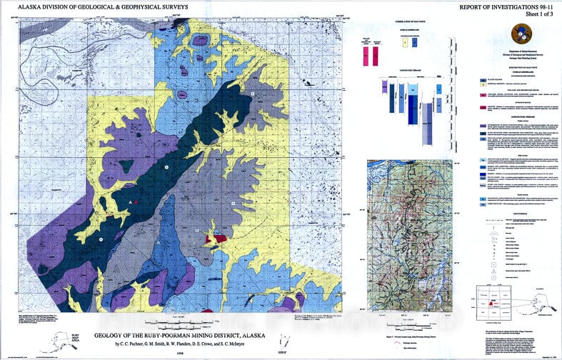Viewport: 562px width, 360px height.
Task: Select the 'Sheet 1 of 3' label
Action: click(524, 16)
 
